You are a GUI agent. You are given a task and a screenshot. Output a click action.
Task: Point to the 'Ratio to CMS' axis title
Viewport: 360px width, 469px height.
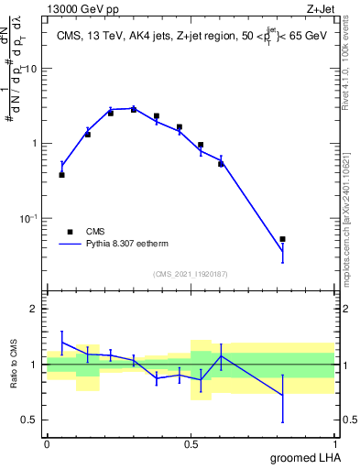[15, 365]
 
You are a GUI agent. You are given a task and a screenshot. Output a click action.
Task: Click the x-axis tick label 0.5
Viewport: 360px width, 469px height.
[191, 442]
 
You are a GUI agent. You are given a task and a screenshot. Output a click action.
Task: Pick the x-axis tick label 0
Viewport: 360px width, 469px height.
[47, 442]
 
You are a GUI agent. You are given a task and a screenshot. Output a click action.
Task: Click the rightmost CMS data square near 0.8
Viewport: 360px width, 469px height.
[283, 239]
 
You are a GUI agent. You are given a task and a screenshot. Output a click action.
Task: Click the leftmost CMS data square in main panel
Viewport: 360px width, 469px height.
[61, 174]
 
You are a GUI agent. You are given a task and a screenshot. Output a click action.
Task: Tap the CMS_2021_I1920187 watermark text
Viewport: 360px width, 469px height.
[190, 273]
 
